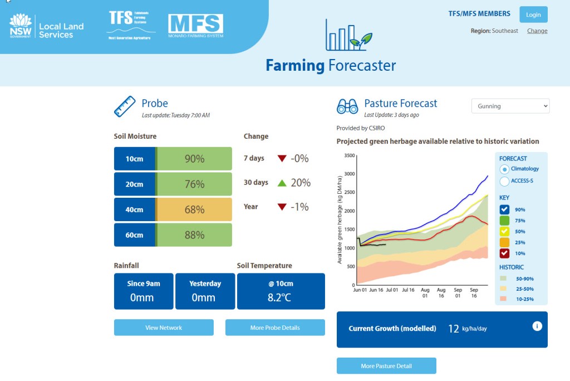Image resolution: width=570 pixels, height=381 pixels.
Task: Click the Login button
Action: click(533, 14)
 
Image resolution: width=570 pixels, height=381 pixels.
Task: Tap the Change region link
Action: click(537, 31)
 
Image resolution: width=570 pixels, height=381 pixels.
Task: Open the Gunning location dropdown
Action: click(510, 106)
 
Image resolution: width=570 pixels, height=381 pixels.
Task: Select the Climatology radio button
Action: click(504, 169)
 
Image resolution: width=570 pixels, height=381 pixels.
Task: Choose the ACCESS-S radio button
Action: click(504, 181)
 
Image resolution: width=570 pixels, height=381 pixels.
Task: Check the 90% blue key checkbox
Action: click(504, 209)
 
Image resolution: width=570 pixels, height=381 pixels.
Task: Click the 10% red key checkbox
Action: click(504, 253)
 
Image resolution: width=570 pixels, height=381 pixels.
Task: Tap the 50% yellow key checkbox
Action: click(504, 231)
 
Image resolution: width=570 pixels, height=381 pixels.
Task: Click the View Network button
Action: click(164, 328)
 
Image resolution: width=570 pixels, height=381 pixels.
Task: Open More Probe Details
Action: click(275, 328)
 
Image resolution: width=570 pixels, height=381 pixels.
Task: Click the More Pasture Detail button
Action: click(386, 366)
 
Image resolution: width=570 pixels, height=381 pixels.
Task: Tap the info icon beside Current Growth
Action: click(537, 326)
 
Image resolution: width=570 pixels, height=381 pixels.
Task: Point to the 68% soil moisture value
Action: click(194, 210)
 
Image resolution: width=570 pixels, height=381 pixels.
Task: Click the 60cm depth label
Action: click(134, 235)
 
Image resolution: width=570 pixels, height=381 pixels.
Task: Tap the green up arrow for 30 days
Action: click(282, 183)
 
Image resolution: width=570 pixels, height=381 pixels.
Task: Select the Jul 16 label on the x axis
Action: click(409, 290)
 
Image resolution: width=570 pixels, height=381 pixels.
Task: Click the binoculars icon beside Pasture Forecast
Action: click(347, 106)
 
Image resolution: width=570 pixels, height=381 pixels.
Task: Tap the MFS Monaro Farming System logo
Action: click(195, 26)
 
